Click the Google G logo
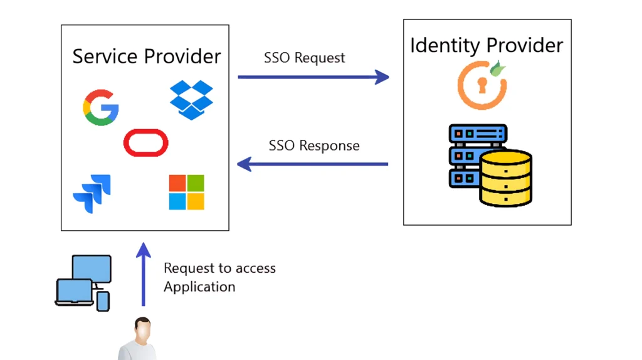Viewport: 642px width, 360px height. [101, 108]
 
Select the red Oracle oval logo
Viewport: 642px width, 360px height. [145, 142]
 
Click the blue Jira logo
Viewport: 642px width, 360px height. [92, 193]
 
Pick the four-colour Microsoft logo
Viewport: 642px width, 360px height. [186, 192]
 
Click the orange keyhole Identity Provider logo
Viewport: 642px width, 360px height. [480, 85]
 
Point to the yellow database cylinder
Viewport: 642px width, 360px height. [505, 178]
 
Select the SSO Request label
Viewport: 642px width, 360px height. [304, 58]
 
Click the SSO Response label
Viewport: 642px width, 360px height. [314, 146]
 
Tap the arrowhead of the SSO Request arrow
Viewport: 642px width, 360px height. [382, 77]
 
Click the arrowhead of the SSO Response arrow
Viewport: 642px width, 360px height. [245, 164]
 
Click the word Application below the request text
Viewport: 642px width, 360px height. [199, 287]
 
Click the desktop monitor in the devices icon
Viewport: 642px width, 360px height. [92, 268]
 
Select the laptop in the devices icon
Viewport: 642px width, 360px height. [74, 292]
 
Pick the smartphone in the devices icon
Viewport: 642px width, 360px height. [103, 301]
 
